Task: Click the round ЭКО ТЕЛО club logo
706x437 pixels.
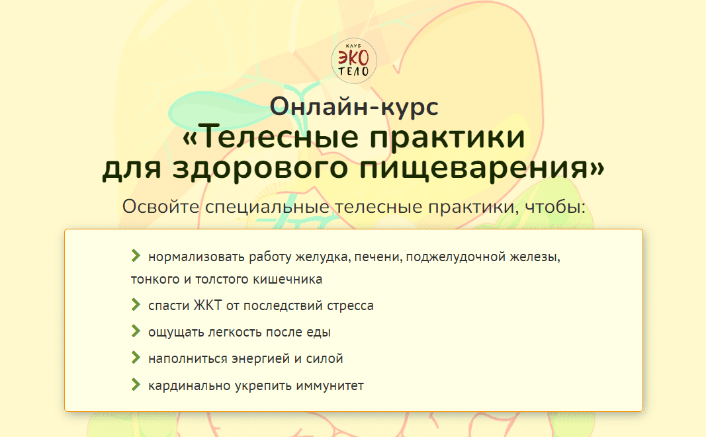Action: [x=354, y=61]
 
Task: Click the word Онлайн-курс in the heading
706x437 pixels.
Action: [x=354, y=106]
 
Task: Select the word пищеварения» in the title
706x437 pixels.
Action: [x=482, y=167]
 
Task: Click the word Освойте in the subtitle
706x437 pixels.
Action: [x=161, y=206]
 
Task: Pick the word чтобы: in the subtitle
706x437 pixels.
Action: [x=556, y=206]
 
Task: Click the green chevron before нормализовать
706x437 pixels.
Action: [x=136, y=256]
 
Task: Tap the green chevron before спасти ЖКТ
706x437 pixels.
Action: [x=136, y=305]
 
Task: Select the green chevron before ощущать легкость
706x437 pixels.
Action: [x=136, y=331]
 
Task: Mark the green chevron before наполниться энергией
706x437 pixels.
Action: [x=136, y=358]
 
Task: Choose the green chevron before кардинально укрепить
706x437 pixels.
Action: [x=136, y=384]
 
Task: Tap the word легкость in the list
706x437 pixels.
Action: [x=235, y=332]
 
